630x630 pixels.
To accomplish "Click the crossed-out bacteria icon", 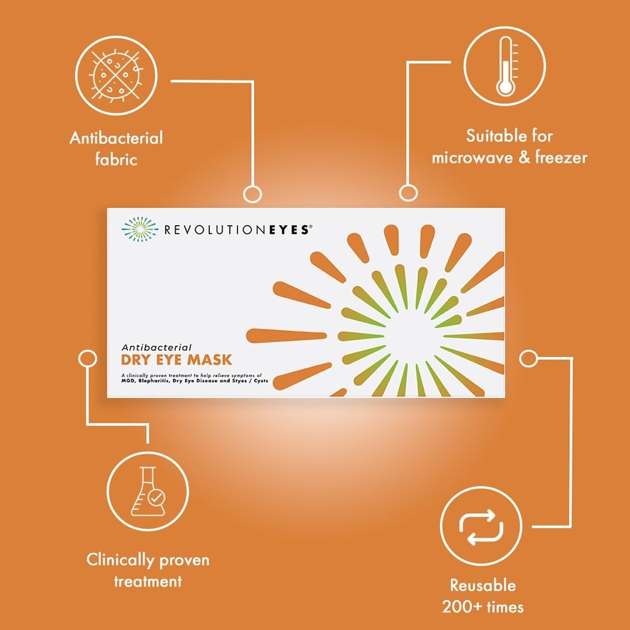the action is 116,75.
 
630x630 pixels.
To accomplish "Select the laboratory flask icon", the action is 148,491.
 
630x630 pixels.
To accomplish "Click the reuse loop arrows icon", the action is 481,527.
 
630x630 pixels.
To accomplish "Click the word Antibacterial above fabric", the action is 116,138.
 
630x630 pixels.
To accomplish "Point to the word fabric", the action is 116,159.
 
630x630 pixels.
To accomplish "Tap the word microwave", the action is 472,157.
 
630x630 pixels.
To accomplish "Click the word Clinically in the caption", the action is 121,560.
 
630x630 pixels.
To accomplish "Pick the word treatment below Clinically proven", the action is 148,581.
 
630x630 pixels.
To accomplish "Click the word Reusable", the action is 482,585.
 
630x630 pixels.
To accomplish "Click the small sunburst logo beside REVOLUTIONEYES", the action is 140,229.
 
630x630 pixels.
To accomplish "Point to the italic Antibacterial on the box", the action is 156,347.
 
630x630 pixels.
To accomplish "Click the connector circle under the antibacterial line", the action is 252,194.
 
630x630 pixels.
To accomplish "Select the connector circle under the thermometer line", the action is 409,193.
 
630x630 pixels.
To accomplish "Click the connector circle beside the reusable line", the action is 528,358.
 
